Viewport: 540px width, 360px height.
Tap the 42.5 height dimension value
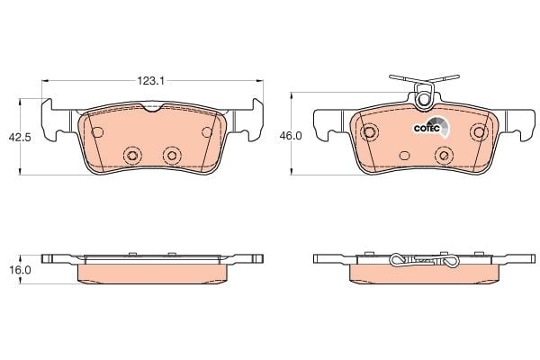[x=20, y=137]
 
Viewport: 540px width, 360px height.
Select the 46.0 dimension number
[x=291, y=136]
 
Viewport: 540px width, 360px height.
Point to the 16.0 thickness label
[x=20, y=270]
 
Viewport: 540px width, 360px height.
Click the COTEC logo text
[x=427, y=129]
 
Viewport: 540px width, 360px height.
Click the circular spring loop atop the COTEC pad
[x=423, y=100]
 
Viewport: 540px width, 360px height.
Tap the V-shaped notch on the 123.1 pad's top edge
[x=153, y=107]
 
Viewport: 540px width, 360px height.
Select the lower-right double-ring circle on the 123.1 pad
[x=172, y=156]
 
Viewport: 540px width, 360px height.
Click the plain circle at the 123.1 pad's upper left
[x=97, y=131]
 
